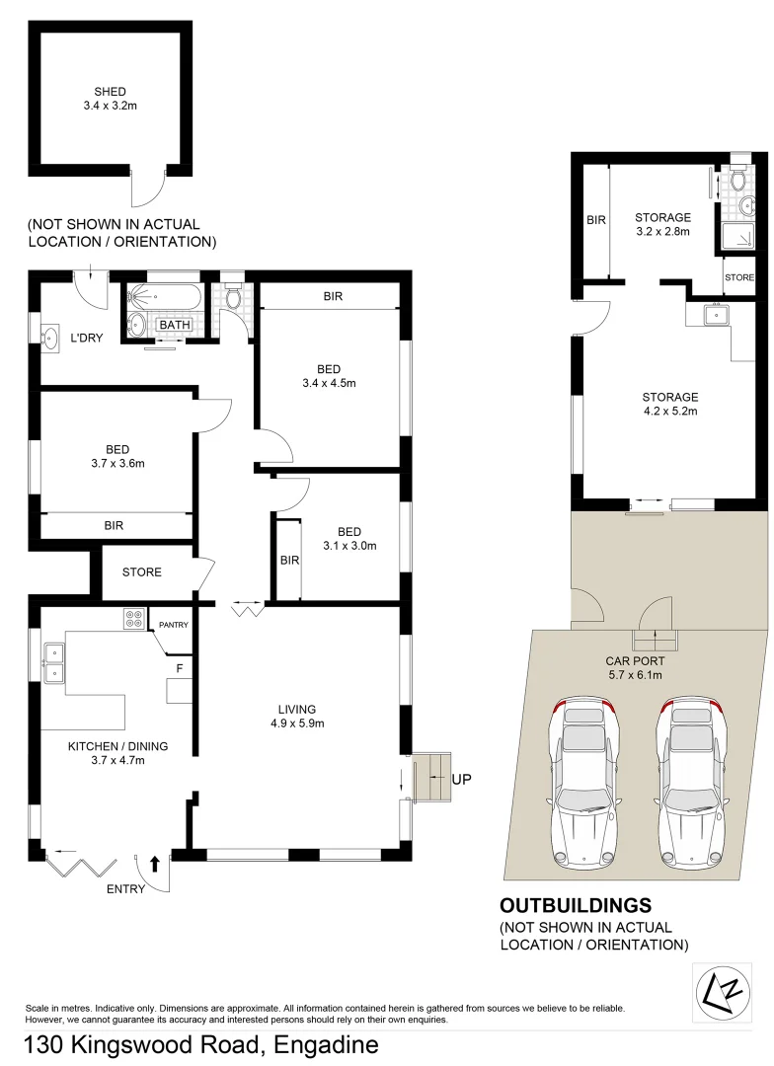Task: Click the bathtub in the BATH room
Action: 165,296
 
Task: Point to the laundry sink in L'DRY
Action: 50,337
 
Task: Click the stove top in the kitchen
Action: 133,619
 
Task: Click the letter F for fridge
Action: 179,668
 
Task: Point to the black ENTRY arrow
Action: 154,865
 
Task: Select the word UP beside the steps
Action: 461,779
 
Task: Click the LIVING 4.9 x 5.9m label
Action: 297,716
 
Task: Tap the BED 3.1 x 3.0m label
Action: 349,537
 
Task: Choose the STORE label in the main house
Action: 141,572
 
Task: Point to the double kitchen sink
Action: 53,662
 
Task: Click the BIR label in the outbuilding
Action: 595,221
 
